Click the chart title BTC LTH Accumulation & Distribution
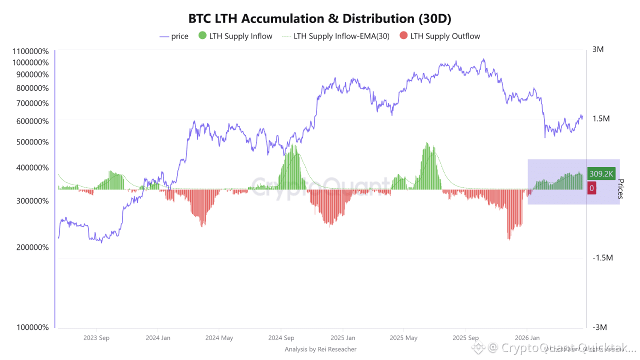(319, 19)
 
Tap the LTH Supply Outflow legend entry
(439, 36)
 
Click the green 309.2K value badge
(601, 173)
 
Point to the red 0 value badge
(591, 188)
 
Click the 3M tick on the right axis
(598, 49)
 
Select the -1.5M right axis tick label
(602, 257)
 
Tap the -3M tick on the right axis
(599, 327)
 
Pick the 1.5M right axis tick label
(600, 118)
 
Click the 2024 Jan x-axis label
(158, 338)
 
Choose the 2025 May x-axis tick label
(404, 338)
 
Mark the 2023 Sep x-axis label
(96, 338)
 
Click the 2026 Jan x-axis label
(527, 338)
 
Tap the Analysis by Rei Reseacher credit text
(320, 349)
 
